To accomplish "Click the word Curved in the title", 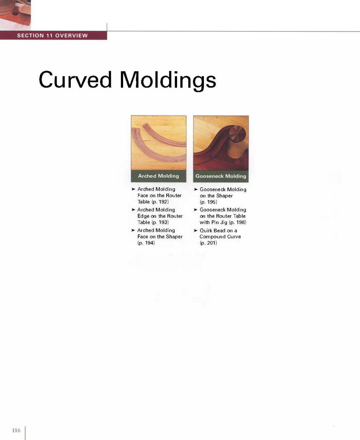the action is point(75,80).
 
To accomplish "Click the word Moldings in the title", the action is point(168,80).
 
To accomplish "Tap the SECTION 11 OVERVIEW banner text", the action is point(52,36).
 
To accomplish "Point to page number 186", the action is point(16,430).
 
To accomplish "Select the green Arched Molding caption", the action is point(158,176).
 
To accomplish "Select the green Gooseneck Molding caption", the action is point(221,176).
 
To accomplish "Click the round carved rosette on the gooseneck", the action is point(237,133).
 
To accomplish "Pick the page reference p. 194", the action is point(146,243).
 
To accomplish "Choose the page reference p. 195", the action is point(208,202).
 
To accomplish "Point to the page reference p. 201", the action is point(208,243).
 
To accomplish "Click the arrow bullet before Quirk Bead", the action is point(196,230).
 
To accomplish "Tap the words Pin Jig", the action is point(219,222).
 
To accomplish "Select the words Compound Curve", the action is point(220,237).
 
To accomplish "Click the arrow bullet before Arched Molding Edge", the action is point(134,210).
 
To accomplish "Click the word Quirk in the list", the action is point(206,230).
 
